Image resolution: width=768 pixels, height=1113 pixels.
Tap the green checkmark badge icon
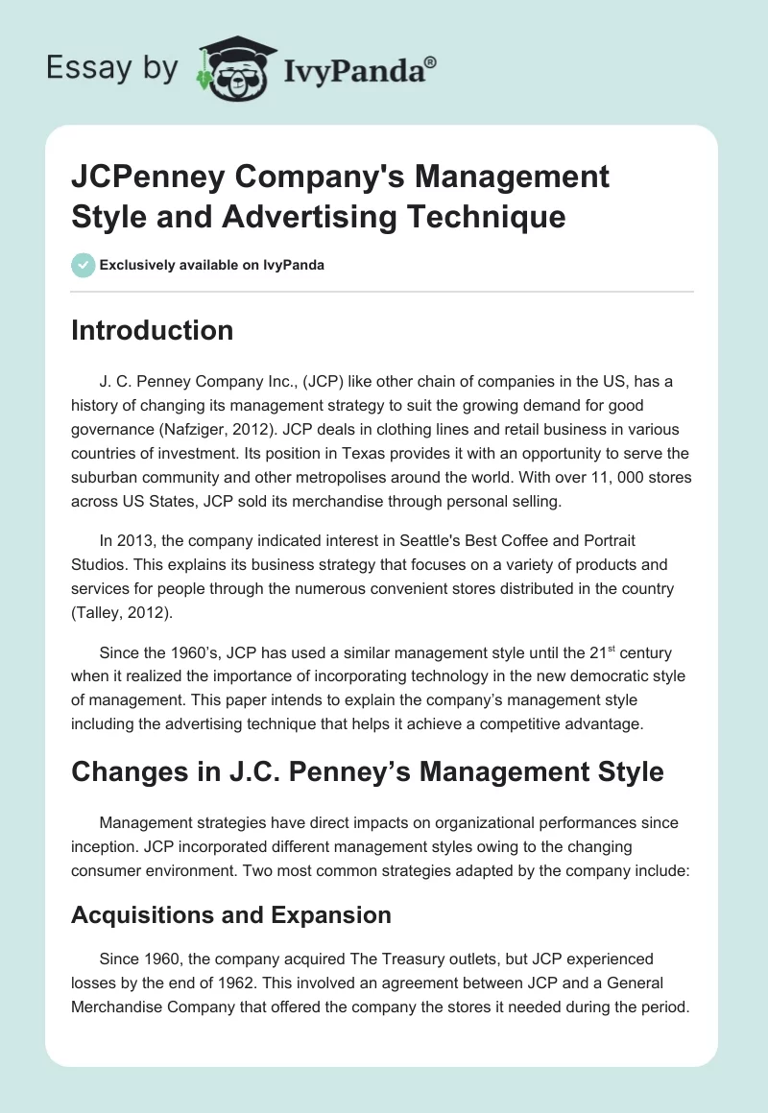click(83, 265)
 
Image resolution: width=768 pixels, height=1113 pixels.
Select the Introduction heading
click(152, 330)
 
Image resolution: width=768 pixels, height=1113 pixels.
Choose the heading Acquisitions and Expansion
click(230, 915)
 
